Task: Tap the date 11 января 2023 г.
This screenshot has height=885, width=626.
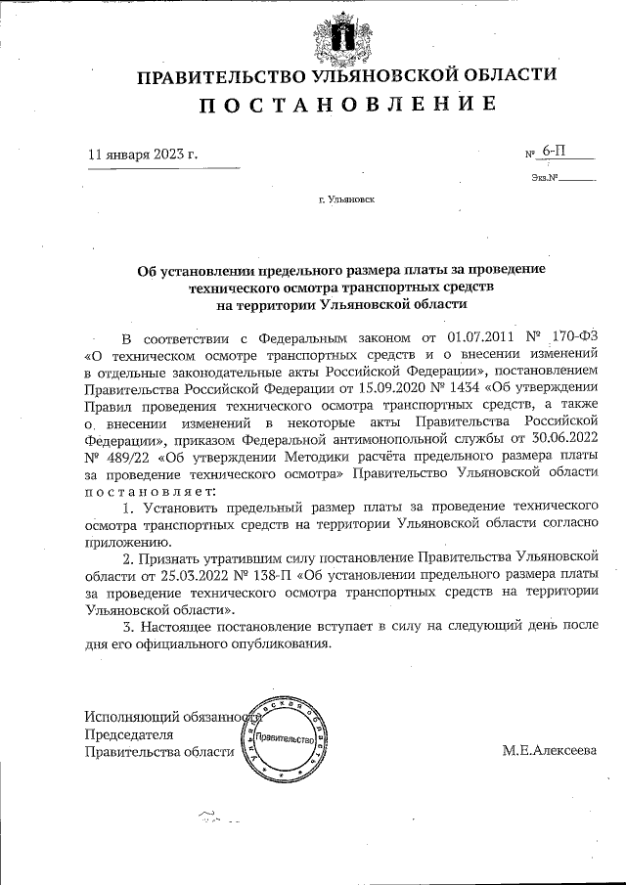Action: coord(143,155)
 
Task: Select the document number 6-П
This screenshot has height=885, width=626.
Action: coord(554,152)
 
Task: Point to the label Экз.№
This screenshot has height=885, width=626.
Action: coord(545,179)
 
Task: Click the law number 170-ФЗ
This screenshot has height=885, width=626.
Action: coord(572,337)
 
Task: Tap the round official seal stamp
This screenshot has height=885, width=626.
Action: coord(284,738)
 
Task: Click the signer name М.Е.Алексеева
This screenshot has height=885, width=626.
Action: coord(549,751)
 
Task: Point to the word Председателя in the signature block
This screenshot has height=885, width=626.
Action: coord(129,734)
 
